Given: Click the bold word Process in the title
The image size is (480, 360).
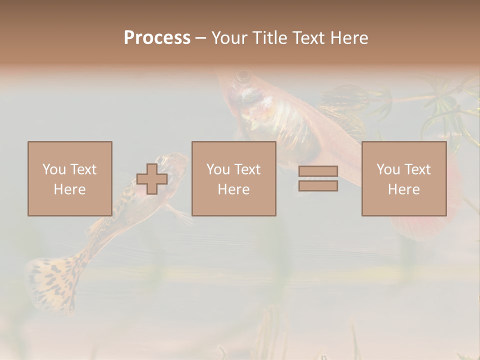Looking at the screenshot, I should click(157, 38).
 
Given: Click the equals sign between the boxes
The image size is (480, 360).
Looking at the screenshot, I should click(318, 178).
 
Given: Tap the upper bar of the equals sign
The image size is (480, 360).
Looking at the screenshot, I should click(318, 171).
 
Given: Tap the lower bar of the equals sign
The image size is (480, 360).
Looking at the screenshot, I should click(318, 185).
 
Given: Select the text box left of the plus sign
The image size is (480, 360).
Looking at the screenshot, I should click(69, 178).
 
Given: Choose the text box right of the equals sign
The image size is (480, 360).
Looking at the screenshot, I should click(404, 178).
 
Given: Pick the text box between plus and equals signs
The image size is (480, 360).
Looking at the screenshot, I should click(233, 178).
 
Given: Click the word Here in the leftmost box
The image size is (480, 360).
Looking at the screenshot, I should click(69, 189).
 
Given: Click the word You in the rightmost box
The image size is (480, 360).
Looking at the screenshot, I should click(388, 169).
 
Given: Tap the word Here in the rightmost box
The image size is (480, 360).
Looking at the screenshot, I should click(404, 189).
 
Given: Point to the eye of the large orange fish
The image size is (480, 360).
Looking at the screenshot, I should click(244, 76).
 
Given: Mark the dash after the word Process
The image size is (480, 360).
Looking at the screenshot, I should click(200, 38).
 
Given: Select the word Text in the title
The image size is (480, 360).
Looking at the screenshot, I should click(308, 38).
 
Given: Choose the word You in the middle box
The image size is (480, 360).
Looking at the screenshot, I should click(218, 169).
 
